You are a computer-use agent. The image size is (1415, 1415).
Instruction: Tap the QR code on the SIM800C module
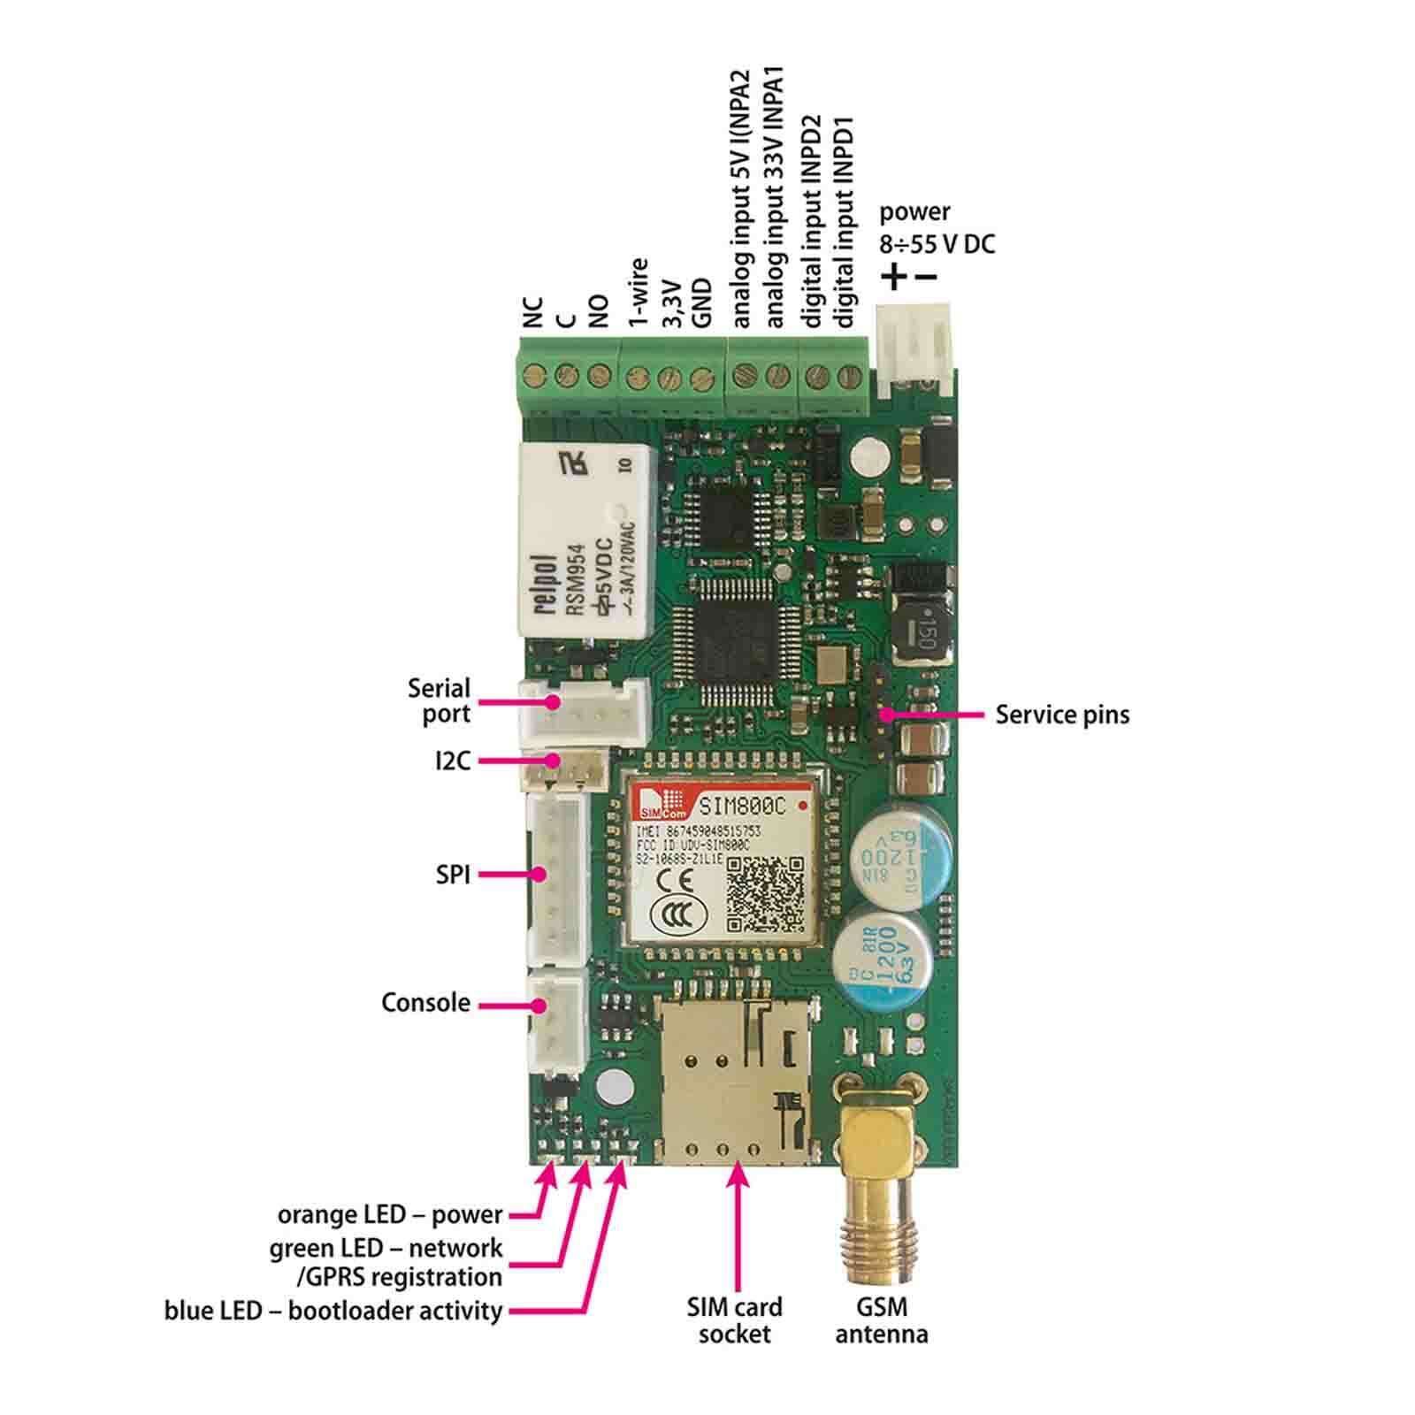pos(766,894)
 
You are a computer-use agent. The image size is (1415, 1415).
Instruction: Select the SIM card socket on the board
pos(736,1080)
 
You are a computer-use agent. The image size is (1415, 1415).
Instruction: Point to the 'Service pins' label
pos(1062,715)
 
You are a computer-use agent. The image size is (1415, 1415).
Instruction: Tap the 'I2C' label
pos(453,761)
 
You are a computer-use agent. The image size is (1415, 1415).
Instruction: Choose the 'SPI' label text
pos(453,876)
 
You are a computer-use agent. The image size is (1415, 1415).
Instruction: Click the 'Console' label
pos(425,1003)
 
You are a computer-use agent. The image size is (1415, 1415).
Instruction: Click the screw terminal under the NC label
pos(533,378)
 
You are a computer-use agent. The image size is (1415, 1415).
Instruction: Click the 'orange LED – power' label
pos(389,1214)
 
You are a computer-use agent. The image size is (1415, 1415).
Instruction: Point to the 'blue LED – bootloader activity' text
pos(333,1310)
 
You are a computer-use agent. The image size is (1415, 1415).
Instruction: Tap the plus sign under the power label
pos(895,277)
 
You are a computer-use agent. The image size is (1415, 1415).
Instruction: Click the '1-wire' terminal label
pos(639,293)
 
